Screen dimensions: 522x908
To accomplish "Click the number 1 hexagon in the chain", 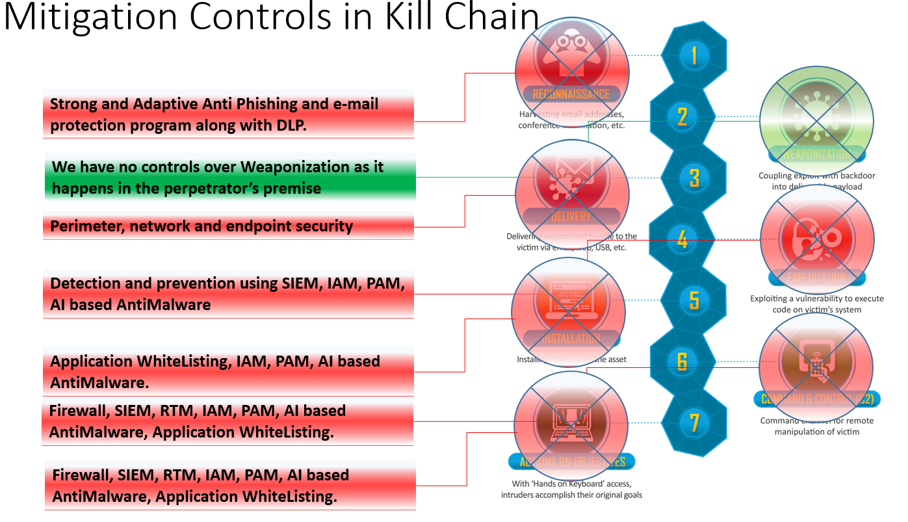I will coord(694,55).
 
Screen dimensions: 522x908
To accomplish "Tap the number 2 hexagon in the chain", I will coord(682,116).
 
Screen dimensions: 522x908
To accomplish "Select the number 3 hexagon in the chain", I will coord(694,177).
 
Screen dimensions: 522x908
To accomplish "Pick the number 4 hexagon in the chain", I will coord(682,239).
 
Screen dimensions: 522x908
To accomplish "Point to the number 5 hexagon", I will coord(694,300).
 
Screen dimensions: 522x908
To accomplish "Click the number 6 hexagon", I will coord(682,361).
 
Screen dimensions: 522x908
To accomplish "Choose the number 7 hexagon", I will coord(694,423).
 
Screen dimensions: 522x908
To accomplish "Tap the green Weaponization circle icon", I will coord(816,121).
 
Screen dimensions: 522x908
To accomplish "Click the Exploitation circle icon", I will coord(816,241).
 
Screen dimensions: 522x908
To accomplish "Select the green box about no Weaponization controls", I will coord(229,177).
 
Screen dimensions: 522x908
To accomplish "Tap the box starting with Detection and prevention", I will coord(228,294).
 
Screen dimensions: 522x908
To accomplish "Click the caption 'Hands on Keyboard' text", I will coord(571,484).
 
